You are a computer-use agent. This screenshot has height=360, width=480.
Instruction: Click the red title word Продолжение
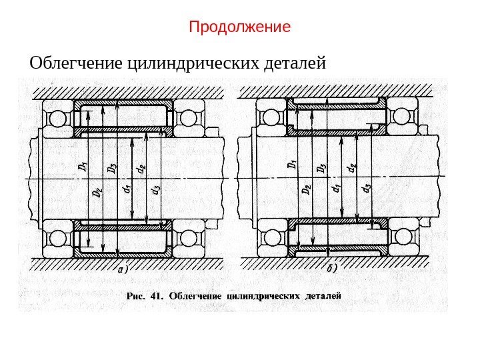point(240,27)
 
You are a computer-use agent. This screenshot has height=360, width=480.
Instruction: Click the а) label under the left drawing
point(122,270)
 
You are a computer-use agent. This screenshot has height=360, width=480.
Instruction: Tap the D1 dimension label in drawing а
point(81,166)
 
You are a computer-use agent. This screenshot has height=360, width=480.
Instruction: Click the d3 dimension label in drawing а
point(155,191)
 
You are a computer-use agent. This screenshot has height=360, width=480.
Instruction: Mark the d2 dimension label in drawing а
point(140,170)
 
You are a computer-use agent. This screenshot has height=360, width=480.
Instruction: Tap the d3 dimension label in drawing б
point(366,191)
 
